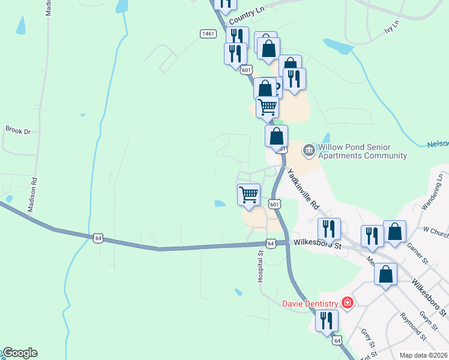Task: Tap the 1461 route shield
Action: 208,34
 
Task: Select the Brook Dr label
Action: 17,130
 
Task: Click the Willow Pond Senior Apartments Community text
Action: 363,151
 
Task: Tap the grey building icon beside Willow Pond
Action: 309,149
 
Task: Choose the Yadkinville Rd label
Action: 304,188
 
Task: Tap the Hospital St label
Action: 261,267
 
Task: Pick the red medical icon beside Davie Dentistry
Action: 346,302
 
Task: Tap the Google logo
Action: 19,353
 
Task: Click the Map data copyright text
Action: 423,355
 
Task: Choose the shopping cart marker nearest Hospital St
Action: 249,194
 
